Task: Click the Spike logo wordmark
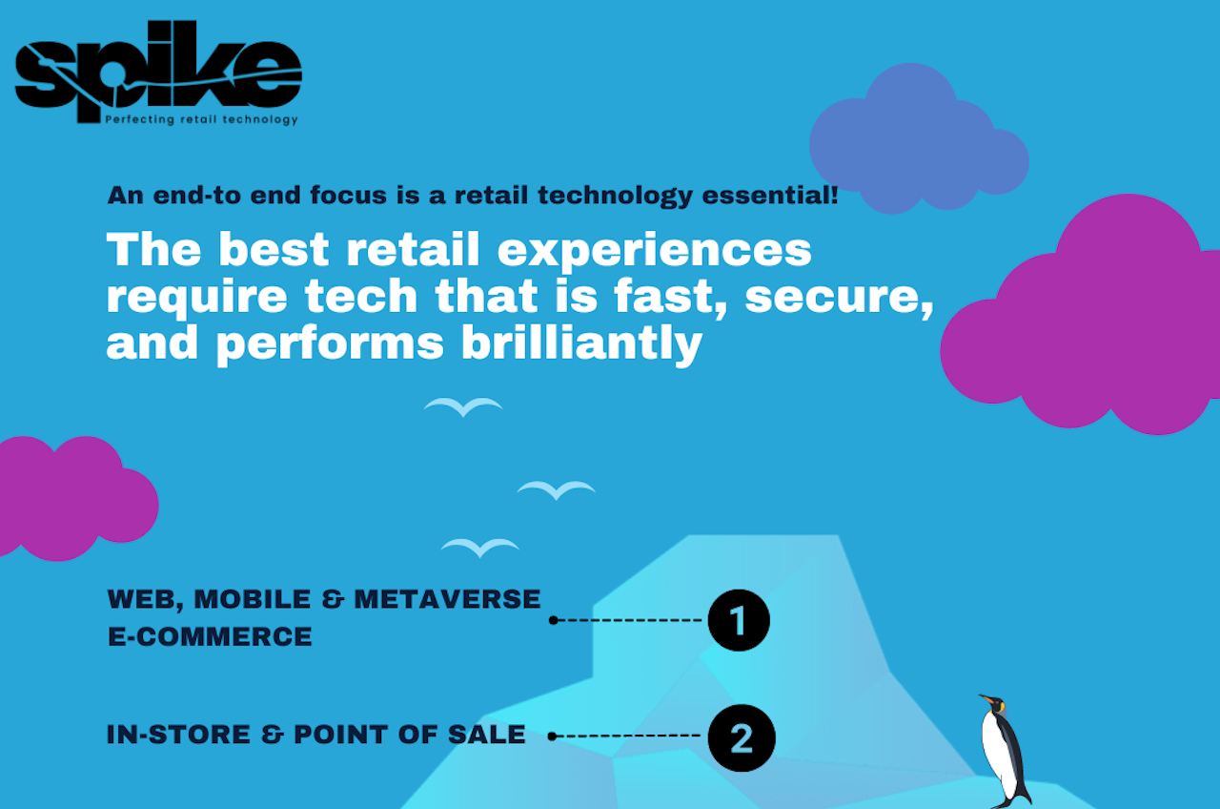click(x=158, y=71)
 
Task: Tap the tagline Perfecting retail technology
click(x=201, y=119)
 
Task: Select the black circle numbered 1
click(x=739, y=620)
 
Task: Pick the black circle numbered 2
click(x=742, y=738)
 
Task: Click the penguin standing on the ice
click(x=1006, y=751)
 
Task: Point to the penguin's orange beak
click(x=986, y=699)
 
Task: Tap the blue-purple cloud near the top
click(x=919, y=138)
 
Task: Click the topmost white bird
click(x=463, y=407)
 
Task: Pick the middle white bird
click(x=556, y=490)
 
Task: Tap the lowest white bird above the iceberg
click(x=479, y=548)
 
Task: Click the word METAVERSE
click(x=447, y=599)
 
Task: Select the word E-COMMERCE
click(x=211, y=636)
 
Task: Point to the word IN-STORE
click(x=178, y=735)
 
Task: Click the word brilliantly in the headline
click(x=581, y=344)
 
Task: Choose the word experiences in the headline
click(x=655, y=251)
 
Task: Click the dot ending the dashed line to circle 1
click(x=554, y=620)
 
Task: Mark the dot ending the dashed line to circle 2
click(x=552, y=736)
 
